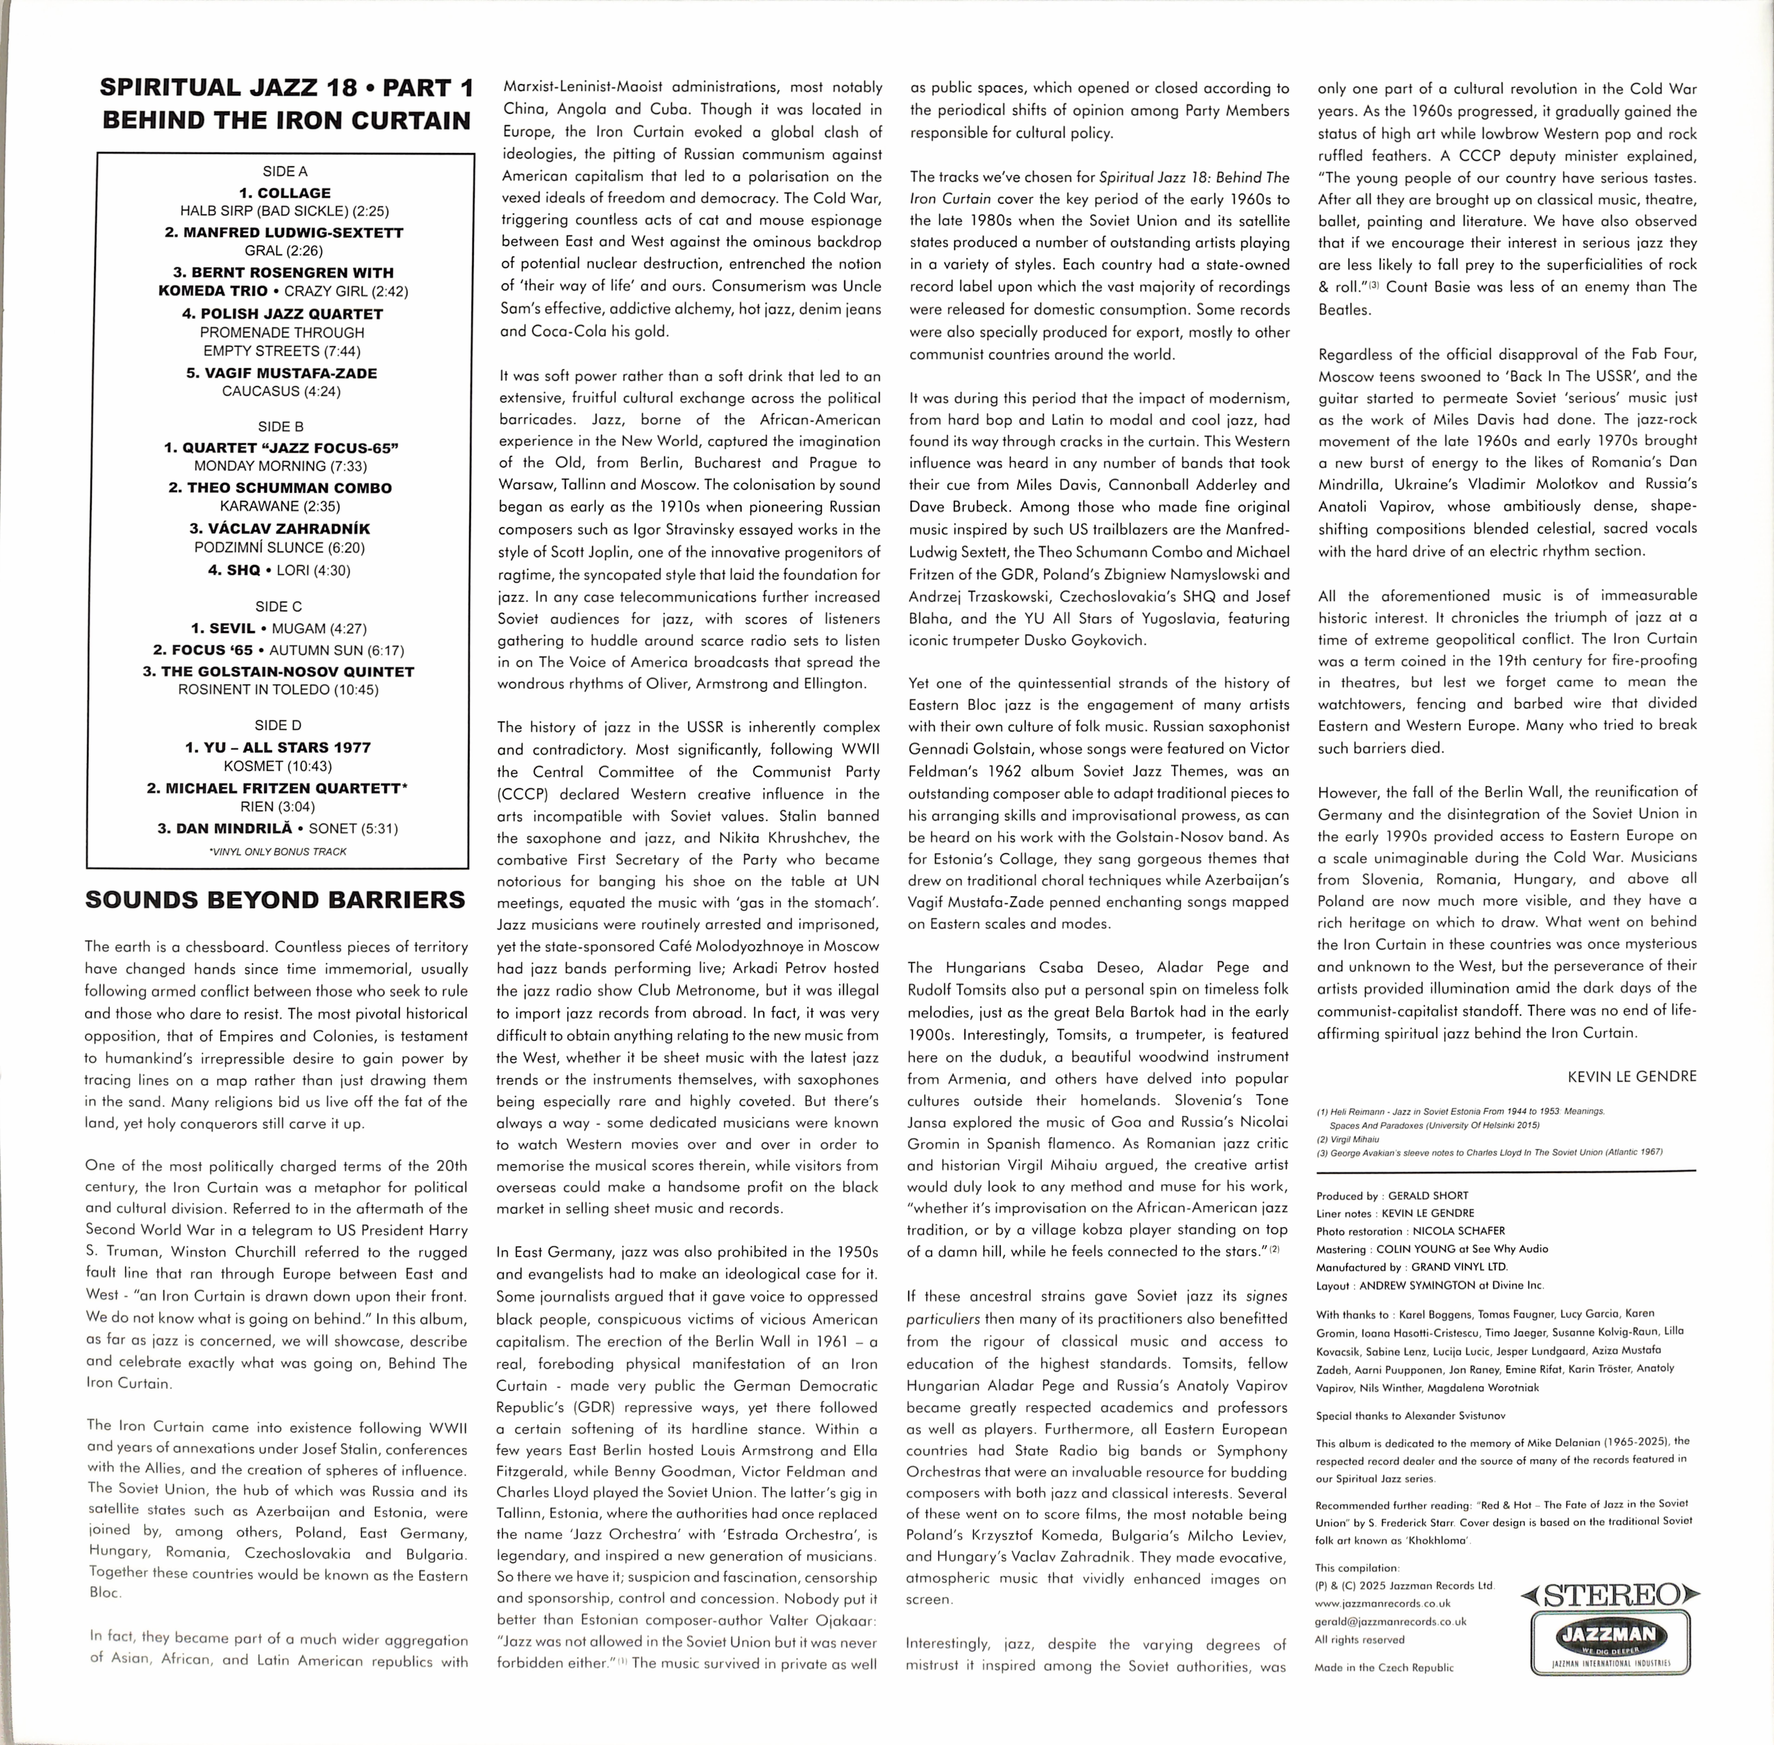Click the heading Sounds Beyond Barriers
pyautogui.click(x=275, y=900)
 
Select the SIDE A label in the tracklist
pyautogui.click(x=285, y=171)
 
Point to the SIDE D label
pyautogui.click(x=278, y=725)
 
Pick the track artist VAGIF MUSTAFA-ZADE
pyautogui.click(x=281, y=373)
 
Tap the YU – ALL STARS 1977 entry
pyautogui.click(x=278, y=747)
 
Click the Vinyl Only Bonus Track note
pyautogui.click(x=278, y=851)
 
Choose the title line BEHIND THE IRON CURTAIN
pyautogui.click(x=287, y=121)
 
